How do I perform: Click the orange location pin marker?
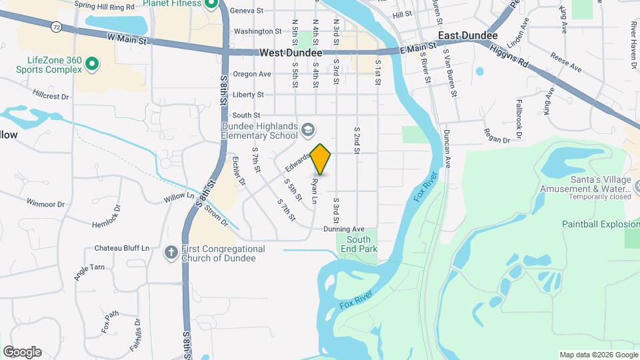[321, 159]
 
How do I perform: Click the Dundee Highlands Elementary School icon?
[308, 128]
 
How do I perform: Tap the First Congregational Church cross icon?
[171, 253]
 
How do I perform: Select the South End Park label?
[359, 244]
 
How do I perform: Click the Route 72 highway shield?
[57, 27]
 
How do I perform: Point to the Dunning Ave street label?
[344, 229]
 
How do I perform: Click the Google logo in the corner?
[22, 351]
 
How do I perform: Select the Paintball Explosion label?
[600, 224]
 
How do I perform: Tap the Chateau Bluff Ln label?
[121, 248]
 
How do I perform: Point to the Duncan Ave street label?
[447, 148]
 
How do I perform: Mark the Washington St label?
[257, 31]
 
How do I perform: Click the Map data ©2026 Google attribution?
[597, 355]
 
